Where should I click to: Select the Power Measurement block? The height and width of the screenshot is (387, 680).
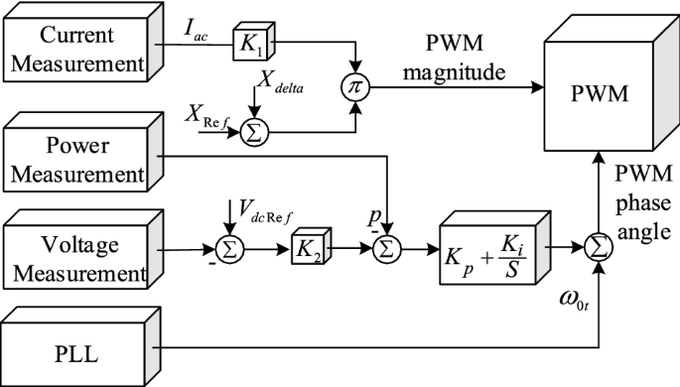click(x=78, y=158)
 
